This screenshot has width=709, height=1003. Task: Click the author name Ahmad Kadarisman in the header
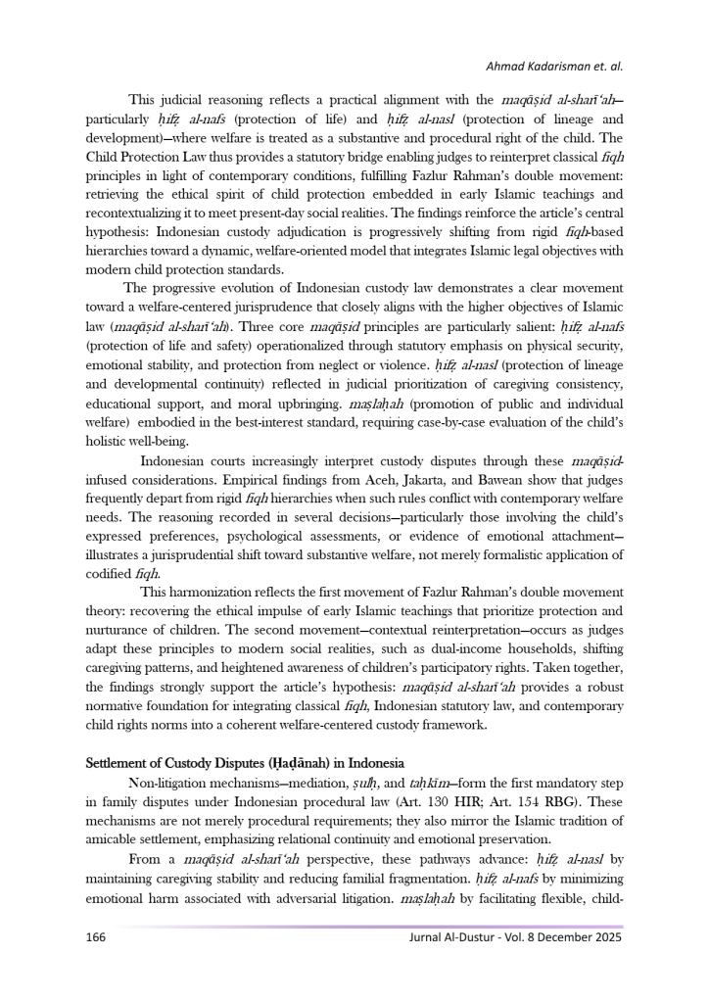pyautogui.click(x=538, y=67)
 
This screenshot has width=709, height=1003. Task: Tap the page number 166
pyautogui.click(x=96, y=936)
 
